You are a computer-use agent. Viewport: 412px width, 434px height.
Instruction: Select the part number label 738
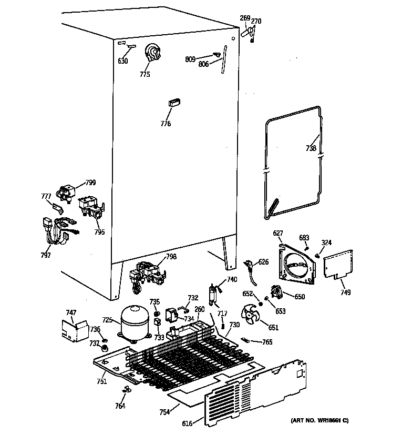tap(311, 149)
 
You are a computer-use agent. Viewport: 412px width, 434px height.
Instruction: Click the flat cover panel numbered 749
tap(337, 265)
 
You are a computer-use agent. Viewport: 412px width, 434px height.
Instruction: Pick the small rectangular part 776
tap(173, 103)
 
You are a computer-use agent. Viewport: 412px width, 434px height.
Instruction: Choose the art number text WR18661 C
tap(319, 420)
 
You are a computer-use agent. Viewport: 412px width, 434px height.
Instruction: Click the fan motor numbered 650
tap(275, 292)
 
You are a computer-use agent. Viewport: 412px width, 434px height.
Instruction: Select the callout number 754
tap(164, 412)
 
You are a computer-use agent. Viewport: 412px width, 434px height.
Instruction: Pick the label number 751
tap(101, 381)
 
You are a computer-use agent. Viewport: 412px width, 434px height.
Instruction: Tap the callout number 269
tap(245, 18)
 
